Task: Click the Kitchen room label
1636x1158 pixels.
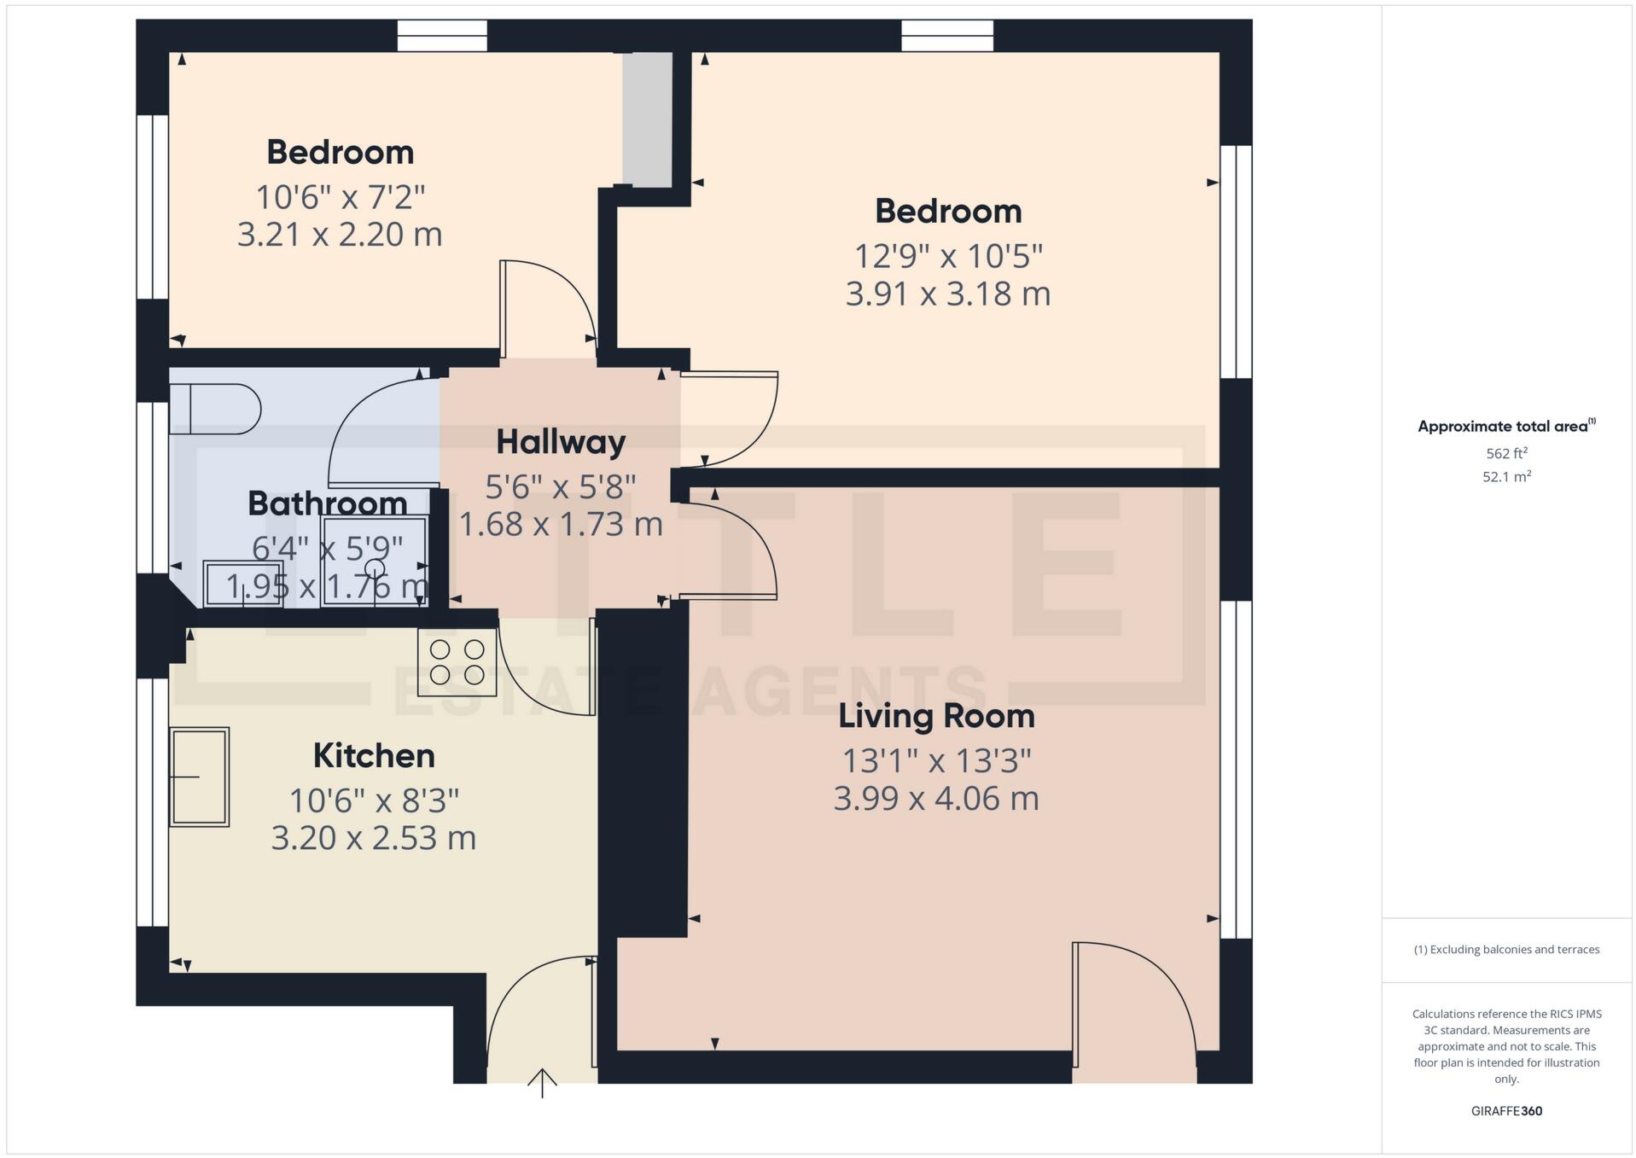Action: click(374, 756)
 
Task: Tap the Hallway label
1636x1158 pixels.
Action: click(561, 442)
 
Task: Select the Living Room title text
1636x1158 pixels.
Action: click(936, 716)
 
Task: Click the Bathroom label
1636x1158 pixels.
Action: click(327, 503)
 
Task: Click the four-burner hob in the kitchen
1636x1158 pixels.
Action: click(457, 662)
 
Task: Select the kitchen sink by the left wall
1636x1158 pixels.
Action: click(199, 777)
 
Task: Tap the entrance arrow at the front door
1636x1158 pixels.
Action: click(542, 1082)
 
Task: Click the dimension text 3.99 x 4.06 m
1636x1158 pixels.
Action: click(936, 799)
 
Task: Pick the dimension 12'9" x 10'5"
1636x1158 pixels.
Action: click(948, 255)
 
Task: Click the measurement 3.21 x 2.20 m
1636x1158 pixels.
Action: click(340, 235)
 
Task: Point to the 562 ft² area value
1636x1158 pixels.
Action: click(1506, 454)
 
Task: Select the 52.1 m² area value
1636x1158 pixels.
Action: click(1506, 477)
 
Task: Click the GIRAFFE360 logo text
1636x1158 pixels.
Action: click(1506, 1111)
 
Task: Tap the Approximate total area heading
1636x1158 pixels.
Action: click(1506, 427)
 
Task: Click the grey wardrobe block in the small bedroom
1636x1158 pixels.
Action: click(647, 119)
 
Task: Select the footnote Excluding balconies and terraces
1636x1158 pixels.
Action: click(1506, 950)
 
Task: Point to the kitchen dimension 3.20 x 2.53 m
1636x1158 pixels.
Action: click(374, 838)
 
